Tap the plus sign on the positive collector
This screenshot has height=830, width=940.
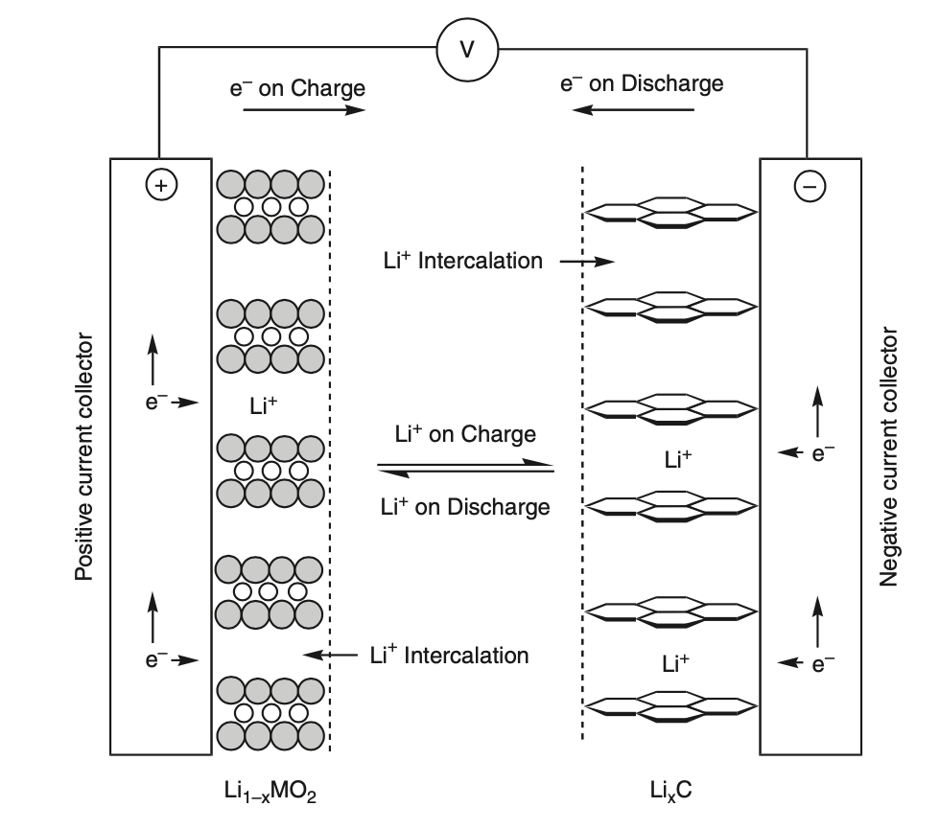(161, 186)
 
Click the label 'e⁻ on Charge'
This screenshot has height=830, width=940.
(297, 88)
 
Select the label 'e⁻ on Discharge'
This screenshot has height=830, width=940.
(642, 83)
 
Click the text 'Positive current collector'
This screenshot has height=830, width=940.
(84, 457)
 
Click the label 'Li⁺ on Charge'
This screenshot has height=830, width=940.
(465, 433)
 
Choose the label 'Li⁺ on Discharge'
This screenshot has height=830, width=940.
(465, 506)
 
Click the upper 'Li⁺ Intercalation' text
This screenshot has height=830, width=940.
(461, 260)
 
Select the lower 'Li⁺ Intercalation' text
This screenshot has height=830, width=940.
(449, 656)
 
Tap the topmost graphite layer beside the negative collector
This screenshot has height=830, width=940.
(671, 212)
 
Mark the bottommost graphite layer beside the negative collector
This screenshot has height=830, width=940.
(671, 706)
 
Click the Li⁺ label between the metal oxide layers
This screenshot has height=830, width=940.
(264, 406)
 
